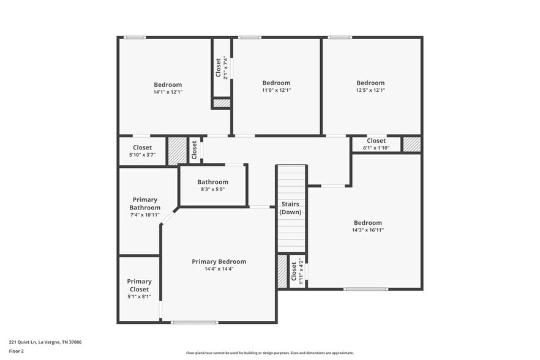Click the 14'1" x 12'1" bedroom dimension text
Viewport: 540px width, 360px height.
click(x=168, y=92)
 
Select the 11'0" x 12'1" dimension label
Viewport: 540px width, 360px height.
click(x=276, y=90)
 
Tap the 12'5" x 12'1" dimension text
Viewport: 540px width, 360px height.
click(x=370, y=90)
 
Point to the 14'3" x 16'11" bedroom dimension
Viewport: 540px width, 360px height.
click(x=367, y=230)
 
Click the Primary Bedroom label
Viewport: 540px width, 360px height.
click(x=219, y=261)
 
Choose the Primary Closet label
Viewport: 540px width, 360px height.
click(x=139, y=285)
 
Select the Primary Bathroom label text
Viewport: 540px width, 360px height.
click(x=144, y=203)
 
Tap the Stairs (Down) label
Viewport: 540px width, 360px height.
click(x=290, y=208)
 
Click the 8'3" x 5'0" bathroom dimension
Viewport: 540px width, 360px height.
click(x=212, y=189)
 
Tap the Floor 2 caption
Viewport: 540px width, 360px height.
click(x=17, y=351)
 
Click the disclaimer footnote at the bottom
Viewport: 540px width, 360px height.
click(x=269, y=353)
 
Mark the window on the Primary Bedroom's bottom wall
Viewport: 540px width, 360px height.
click(x=194, y=322)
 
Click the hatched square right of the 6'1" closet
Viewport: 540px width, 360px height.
click(x=411, y=144)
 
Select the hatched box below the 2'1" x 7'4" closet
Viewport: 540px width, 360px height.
click(x=221, y=103)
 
